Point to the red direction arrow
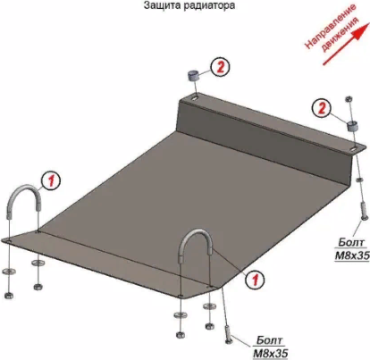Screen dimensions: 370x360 (344, 45)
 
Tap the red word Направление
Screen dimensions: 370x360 (330, 26)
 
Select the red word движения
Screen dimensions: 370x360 (341, 34)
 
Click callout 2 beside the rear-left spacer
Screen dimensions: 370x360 (220, 68)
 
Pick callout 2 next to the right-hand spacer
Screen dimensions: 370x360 (322, 109)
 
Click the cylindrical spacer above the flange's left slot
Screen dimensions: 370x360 (193, 75)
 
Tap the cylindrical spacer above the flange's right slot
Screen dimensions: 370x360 (352, 126)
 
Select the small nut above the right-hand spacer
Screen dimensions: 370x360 (349, 99)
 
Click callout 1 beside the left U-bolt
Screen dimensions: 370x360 (51, 180)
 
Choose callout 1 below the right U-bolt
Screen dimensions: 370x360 (255, 280)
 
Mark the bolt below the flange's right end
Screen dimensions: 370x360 (363, 211)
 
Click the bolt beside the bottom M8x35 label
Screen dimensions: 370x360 (228, 335)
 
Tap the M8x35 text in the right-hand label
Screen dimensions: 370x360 (352, 255)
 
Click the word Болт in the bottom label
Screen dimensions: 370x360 (270, 340)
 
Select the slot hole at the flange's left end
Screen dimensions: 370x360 (195, 97)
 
